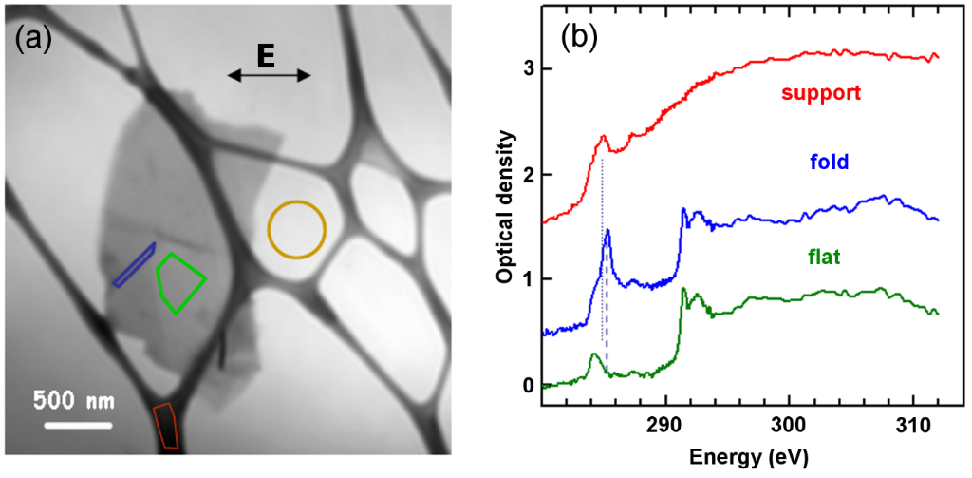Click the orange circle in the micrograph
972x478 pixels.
click(x=296, y=229)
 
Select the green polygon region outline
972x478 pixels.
click(x=180, y=282)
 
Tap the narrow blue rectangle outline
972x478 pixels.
click(x=134, y=264)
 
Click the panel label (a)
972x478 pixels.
click(x=33, y=39)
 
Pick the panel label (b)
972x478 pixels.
click(x=580, y=38)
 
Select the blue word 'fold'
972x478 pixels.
click(x=829, y=163)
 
